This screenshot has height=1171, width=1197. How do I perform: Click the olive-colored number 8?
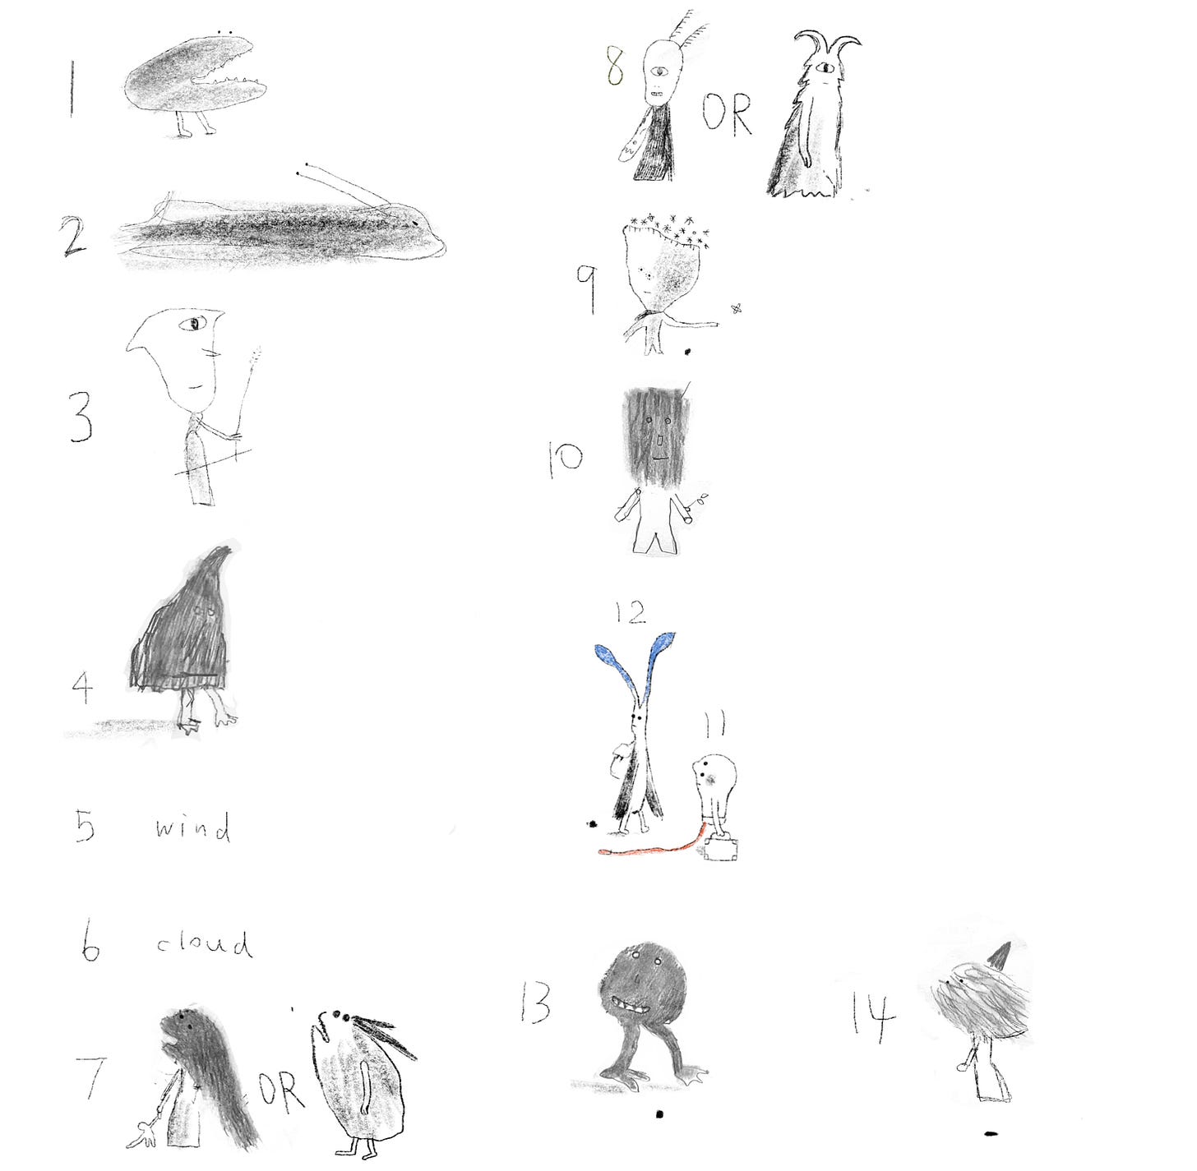click(615, 68)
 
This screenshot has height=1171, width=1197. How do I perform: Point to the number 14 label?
click(873, 1013)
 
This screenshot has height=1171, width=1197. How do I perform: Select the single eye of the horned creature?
click(827, 67)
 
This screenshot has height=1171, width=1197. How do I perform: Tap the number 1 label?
click(72, 87)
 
